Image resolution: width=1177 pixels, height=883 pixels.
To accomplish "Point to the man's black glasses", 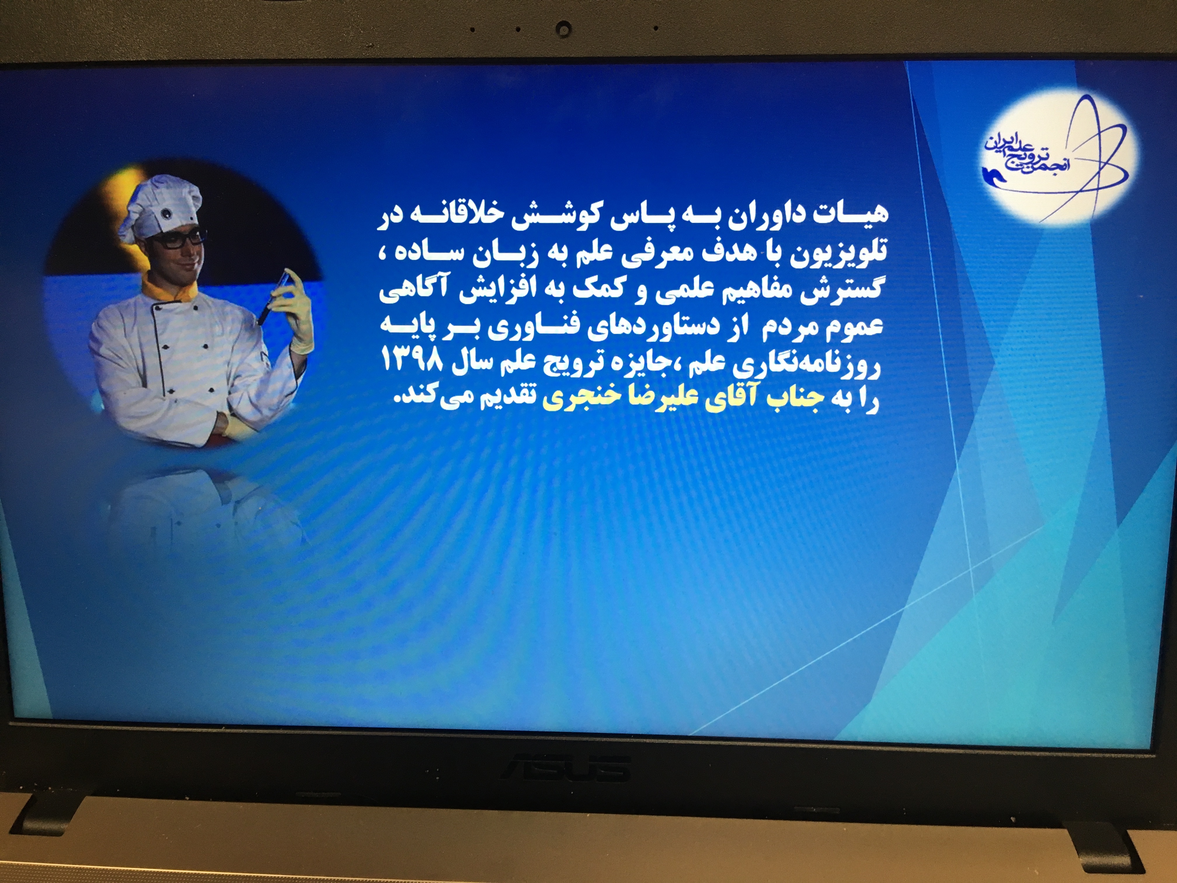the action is pos(179,239).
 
